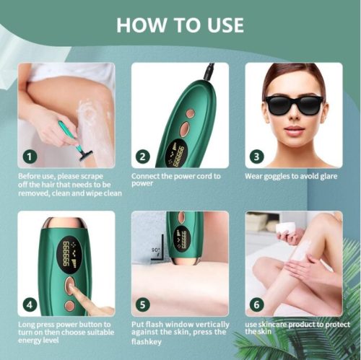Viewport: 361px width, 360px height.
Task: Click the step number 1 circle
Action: coord(30,157)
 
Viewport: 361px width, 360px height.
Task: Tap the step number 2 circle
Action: coord(143,157)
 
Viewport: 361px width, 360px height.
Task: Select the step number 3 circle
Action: coord(256,157)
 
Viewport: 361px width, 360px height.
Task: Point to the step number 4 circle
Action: coord(30,305)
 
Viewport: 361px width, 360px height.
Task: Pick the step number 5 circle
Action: coord(143,305)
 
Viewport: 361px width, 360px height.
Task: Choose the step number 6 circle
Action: coord(256,305)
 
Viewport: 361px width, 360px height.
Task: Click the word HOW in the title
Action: coord(142,25)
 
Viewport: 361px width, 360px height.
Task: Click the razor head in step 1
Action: coord(86,155)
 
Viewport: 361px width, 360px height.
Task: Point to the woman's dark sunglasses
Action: coord(294,105)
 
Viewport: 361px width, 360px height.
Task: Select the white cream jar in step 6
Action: coord(287,227)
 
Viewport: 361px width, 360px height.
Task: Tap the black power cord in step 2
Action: coord(209,71)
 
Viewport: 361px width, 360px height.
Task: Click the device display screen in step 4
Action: coord(69,254)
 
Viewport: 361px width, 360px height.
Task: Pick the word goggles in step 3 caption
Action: coord(277,177)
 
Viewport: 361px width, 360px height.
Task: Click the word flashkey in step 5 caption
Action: coord(147,342)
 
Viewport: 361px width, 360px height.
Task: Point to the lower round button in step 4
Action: coord(70,306)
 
